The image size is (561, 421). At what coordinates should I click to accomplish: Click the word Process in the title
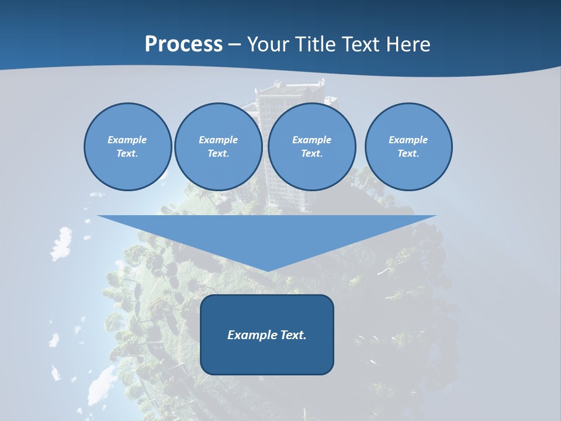pos(183,44)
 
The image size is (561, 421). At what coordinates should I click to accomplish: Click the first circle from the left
pos(127,147)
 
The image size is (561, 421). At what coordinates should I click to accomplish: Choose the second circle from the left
pos(218,147)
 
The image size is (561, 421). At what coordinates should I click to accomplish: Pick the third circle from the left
pos(312,147)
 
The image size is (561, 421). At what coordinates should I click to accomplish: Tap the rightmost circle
pos(408,147)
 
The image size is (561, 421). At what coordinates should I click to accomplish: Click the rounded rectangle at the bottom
pos(267,334)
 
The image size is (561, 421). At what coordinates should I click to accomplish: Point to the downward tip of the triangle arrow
pos(267,270)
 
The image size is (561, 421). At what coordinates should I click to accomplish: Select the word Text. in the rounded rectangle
pos(293,335)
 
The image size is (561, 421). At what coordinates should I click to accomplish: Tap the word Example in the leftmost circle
pos(127,140)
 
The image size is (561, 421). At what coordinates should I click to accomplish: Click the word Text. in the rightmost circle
pos(408,154)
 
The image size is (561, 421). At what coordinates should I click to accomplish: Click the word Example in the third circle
pos(312,140)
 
